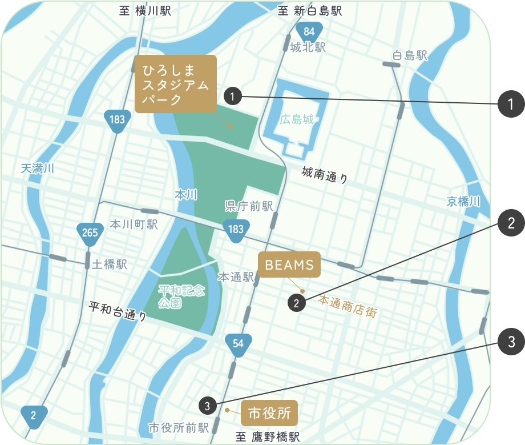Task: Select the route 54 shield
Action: coord(238,344)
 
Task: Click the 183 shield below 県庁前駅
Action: coord(235,230)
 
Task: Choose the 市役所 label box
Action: coord(269,413)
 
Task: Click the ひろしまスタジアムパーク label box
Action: coord(175,84)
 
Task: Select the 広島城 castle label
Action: coord(297,120)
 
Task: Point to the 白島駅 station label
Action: coord(410,56)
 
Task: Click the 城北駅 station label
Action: coord(308,48)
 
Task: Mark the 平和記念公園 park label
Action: coord(181,296)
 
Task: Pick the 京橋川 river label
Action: coord(463,202)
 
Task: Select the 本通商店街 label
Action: coord(348,307)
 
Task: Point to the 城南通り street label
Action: coord(325,174)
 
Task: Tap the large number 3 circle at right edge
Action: coord(511,342)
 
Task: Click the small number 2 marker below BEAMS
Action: coord(296,303)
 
